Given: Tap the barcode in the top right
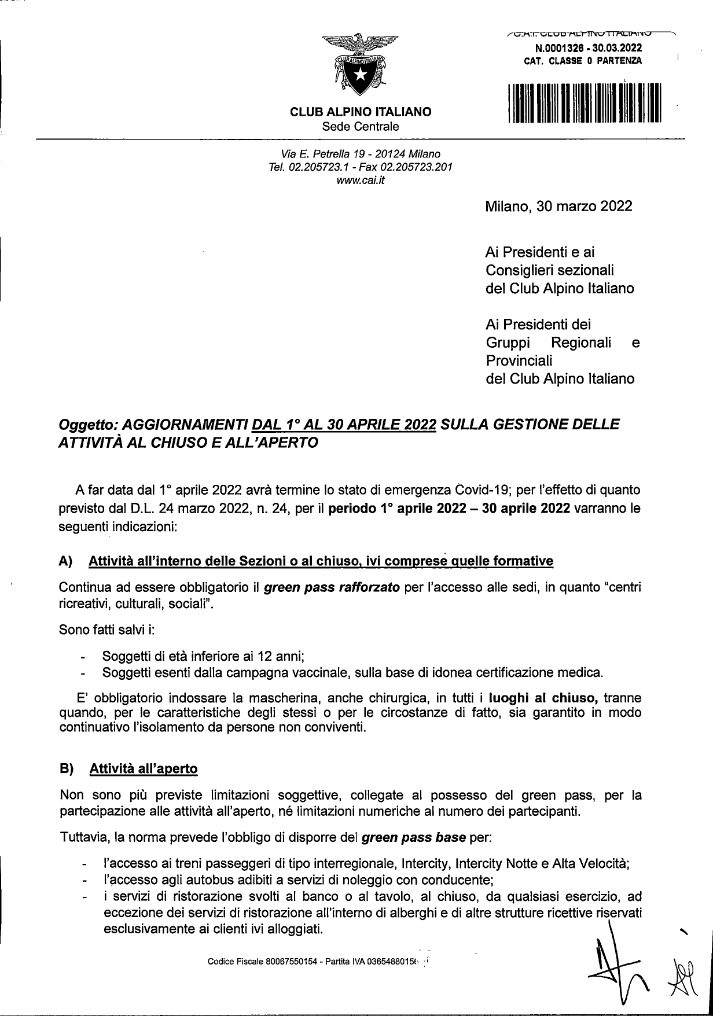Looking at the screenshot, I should (x=584, y=104).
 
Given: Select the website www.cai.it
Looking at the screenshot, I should (x=360, y=180).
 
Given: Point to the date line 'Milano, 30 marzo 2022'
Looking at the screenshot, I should (x=558, y=207).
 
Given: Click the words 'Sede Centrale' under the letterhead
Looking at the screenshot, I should (x=360, y=126).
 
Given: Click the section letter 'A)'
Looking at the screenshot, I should (x=65, y=561).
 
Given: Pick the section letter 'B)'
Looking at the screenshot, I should (x=67, y=769).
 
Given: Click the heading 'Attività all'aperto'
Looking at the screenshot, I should (x=144, y=769).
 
